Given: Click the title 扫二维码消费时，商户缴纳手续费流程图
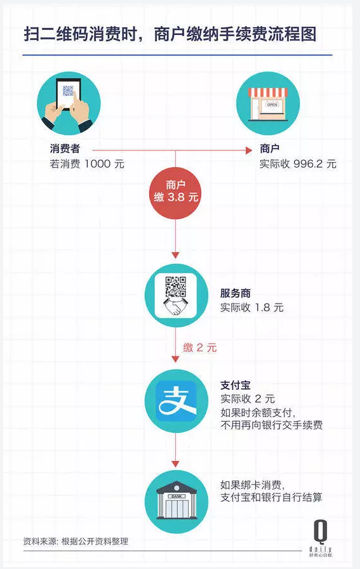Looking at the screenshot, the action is (x=170, y=34).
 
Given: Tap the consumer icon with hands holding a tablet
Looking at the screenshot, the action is (x=69, y=104).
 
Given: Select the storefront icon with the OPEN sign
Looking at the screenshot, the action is (x=268, y=104).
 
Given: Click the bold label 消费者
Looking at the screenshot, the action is (x=65, y=149).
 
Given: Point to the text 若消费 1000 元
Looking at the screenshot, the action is (x=87, y=164).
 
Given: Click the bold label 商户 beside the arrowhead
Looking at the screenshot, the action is (x=270, y=149).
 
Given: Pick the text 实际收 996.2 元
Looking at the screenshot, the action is (x=298, y=164).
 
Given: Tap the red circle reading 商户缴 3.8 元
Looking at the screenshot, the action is (x=176, y=192).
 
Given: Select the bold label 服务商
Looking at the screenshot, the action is (x=236, y=293).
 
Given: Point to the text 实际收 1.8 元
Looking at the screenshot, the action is (x=252, y=308).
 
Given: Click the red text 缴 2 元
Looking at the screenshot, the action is (x=200, y=347).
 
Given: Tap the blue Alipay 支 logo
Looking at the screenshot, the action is (x=176, y=401).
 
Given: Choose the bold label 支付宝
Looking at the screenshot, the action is (x=236, y=385).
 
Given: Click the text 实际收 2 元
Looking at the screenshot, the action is (x=248, y=399).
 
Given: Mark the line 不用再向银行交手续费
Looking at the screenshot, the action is (x=272, y=425).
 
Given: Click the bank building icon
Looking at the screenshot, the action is (x=176, y=502).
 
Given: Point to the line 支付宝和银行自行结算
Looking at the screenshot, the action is (x=271, y=497).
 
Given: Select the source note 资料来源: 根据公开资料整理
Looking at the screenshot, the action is (x=76, y=542).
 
